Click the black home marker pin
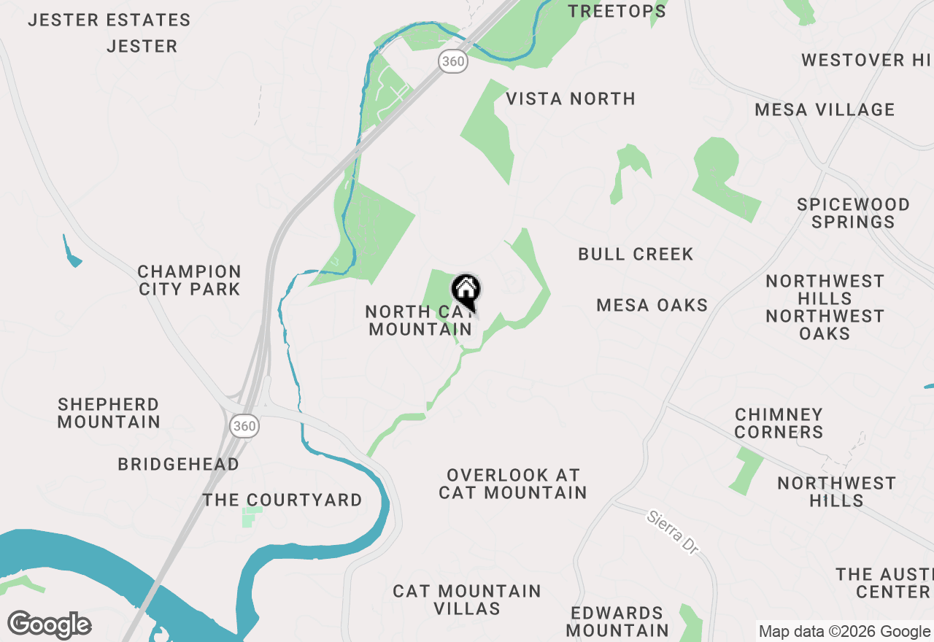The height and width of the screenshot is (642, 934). point(466,290)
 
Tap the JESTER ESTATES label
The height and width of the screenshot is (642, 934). point(109,20)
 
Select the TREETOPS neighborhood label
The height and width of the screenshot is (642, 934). point(617,11)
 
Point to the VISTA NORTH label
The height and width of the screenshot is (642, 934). point(571,98)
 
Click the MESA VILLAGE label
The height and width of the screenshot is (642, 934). point(825,110)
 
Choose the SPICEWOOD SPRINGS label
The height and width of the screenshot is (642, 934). point(853,213)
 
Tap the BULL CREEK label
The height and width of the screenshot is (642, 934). point(636,254)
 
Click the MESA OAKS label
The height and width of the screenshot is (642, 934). point(652,305)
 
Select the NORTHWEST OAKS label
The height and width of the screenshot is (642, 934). point(825,325)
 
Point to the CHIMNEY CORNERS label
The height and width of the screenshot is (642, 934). point(779,423)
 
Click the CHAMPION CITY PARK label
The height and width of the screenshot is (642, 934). point(190,280)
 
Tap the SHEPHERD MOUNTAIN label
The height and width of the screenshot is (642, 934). point(109,413)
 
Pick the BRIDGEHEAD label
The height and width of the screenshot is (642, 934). point(179,464)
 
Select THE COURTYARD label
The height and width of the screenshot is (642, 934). point(282,500)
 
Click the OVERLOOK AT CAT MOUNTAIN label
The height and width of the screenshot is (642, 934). point(513,484)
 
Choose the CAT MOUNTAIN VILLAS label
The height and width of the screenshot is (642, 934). point(467,600)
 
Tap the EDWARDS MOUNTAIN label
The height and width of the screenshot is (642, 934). point(617,621)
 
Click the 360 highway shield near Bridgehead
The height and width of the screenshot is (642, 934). point(244,426)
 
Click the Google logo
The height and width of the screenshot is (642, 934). point(50,624)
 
